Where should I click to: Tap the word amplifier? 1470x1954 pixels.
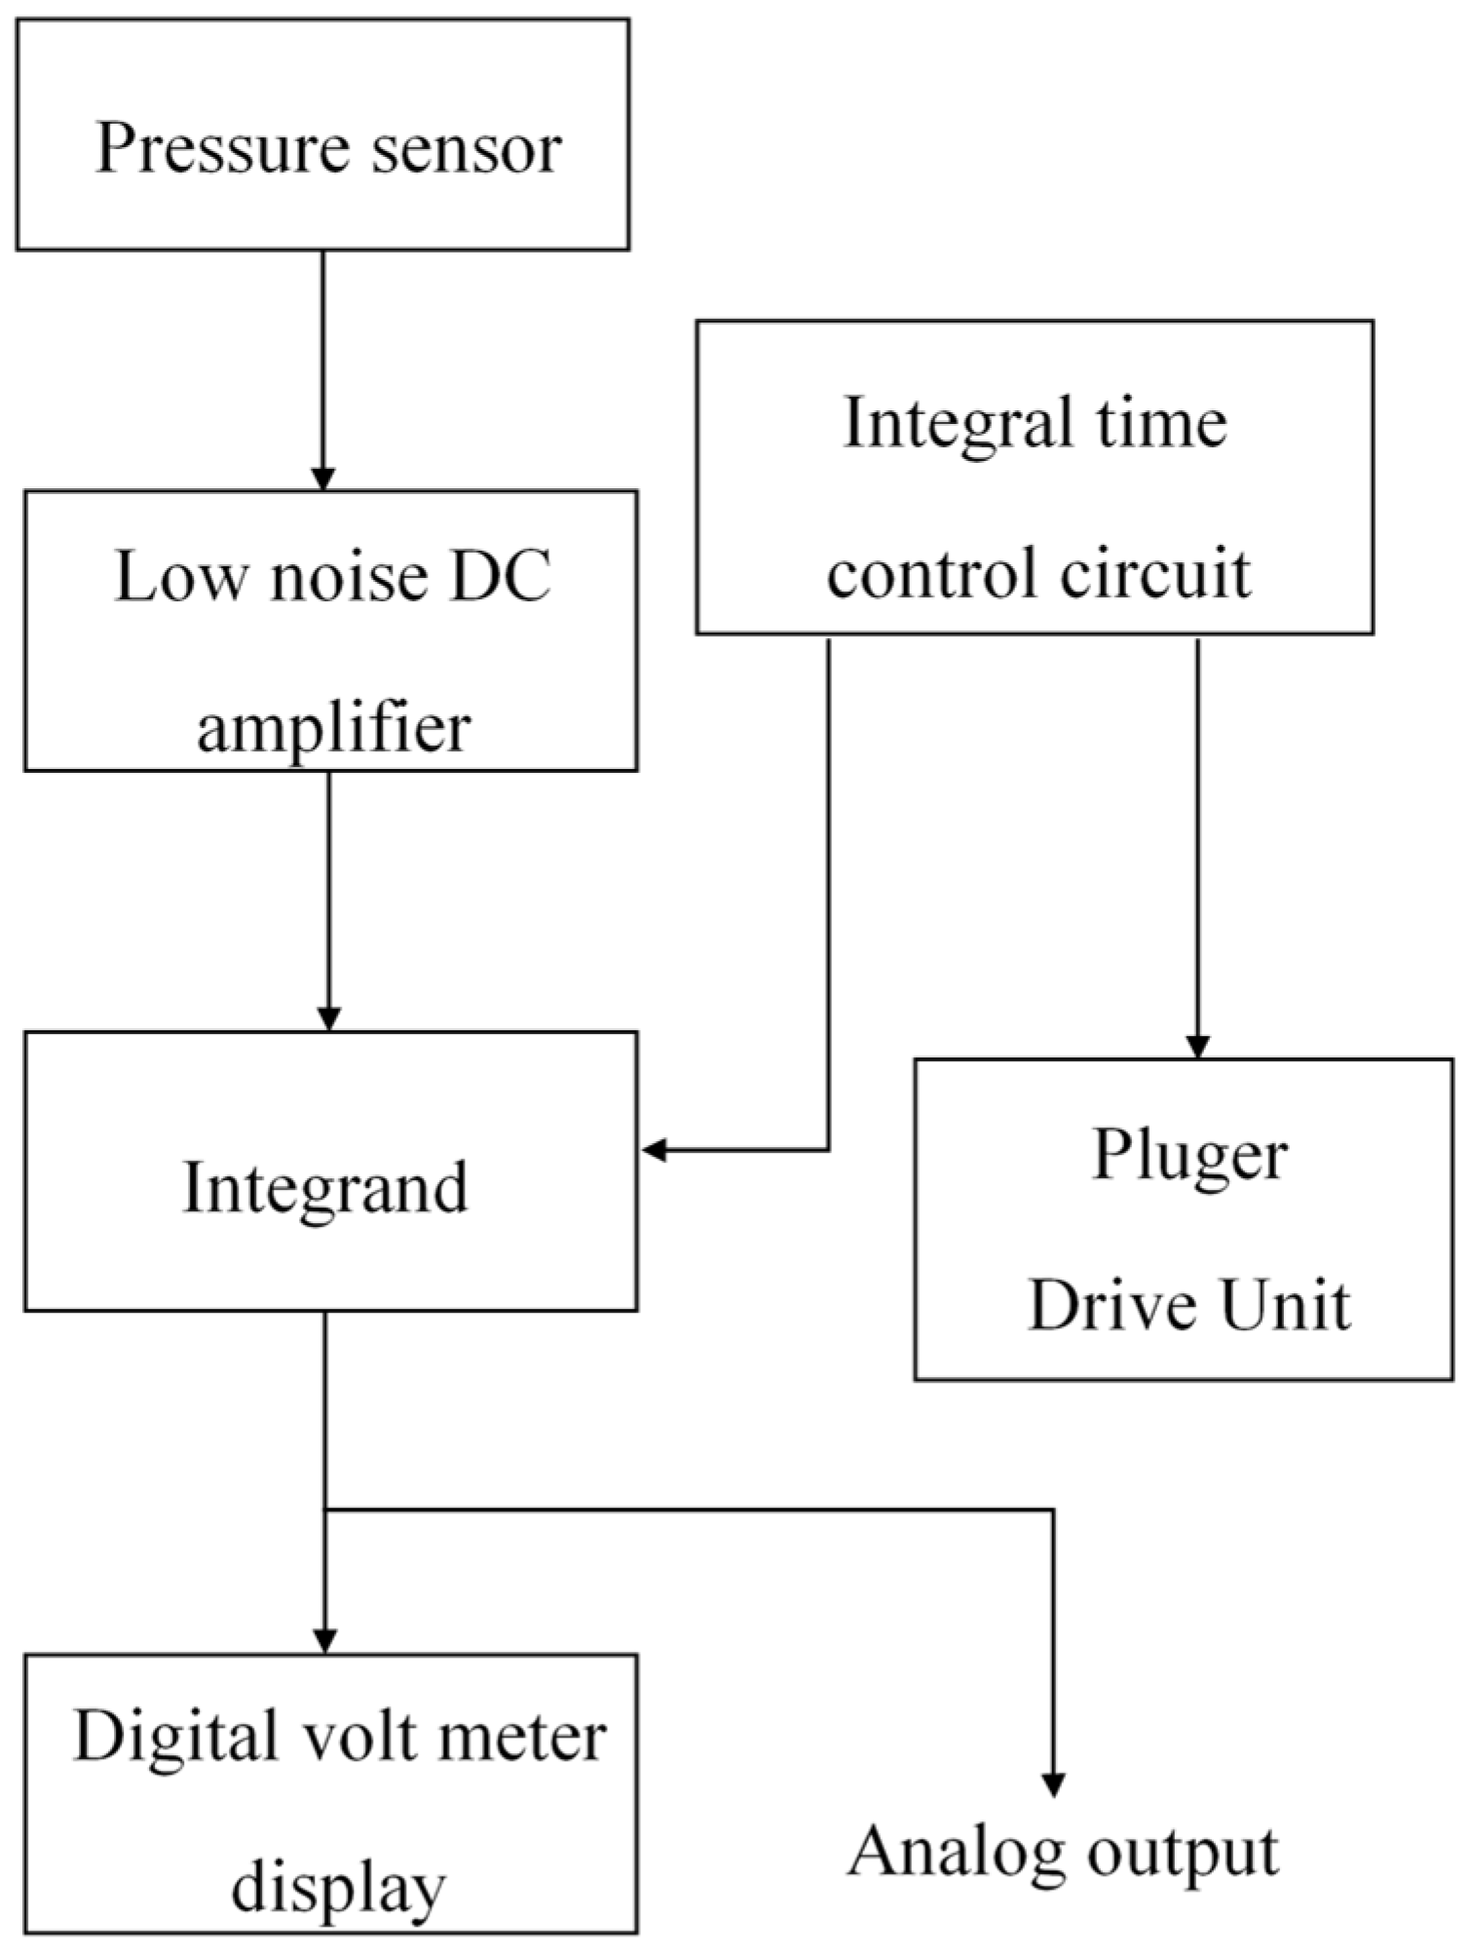click(x=333, y=728)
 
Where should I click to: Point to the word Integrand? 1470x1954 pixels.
click(x=325, y=1190)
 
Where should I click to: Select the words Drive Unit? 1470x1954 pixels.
click(x=1189, y=1306)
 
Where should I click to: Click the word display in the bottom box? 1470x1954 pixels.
click(x=338, y=1889)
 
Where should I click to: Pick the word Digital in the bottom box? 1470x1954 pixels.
click(x=175, y=1738)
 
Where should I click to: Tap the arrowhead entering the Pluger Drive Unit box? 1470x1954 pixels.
click(x=1197, y=1046)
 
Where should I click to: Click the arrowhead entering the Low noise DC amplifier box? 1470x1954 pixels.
click(x=322, y=479)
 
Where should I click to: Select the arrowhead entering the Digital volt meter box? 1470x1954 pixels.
click(x=325, y=1641)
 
